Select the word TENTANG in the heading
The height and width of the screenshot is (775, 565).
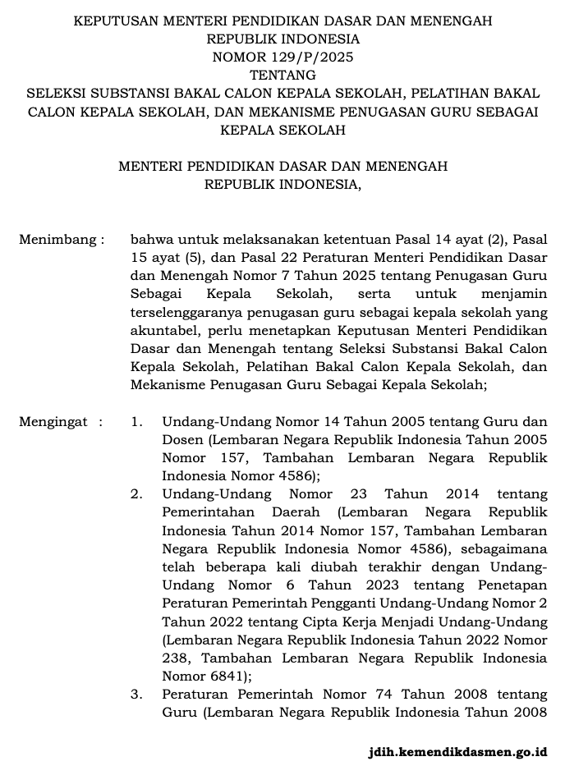click(282, 76)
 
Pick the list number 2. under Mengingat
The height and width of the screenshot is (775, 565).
click(137, 494)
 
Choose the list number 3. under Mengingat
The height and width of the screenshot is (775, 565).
click(137, 694)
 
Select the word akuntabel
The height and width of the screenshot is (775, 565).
click(161, 330)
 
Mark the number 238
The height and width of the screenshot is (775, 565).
click(176, 658)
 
